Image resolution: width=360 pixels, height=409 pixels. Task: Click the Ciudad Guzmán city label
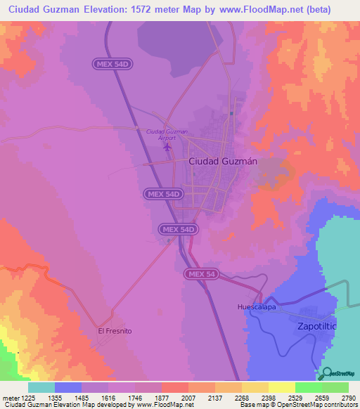click(x=222, y=161)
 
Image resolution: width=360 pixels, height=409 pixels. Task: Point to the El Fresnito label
click(x=115, y=330)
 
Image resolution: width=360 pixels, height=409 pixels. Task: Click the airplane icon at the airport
click(x=167, y=147)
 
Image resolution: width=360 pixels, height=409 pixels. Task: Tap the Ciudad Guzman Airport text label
click(x=167, y=134)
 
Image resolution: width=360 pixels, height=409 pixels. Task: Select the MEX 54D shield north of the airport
click(x=112, y=64)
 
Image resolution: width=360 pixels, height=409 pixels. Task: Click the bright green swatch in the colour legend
click(x=308, y=387)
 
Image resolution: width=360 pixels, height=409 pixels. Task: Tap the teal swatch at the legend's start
click(x=41, y=387)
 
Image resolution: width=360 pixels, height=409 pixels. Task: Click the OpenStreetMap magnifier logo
click(x=327, y=373)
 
